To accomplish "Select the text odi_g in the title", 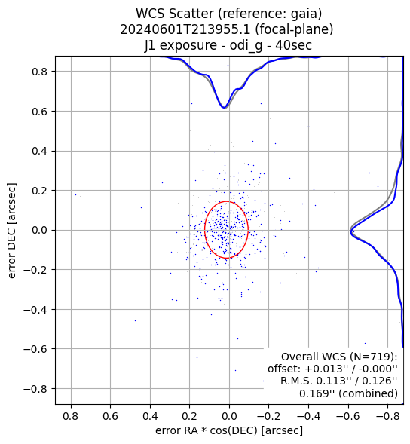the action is pyautogui.click(x=246, y=45).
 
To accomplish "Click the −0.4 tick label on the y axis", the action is pyautogui.click(x=39, y=310).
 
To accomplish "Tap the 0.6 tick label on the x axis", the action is pyautogui.click(x=110, y=416).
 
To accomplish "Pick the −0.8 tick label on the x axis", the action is pyautogui.click(x=388, y=416).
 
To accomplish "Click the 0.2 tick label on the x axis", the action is pyautogui.click(x=189, y=416).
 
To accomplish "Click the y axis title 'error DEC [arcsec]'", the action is pyautogui.click(x=11, y=231).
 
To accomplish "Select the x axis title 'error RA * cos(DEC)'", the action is pyautogui.click(x=207, y=430).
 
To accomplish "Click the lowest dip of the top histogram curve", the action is pyautogui.click(x=224, y=108).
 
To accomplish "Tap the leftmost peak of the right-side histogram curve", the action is pyautogui.click(x=351, y=231).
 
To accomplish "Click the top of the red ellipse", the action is pyautogui.click(x=227, y=201).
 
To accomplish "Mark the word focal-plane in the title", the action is pyautogui.click(x=294, y=29).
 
